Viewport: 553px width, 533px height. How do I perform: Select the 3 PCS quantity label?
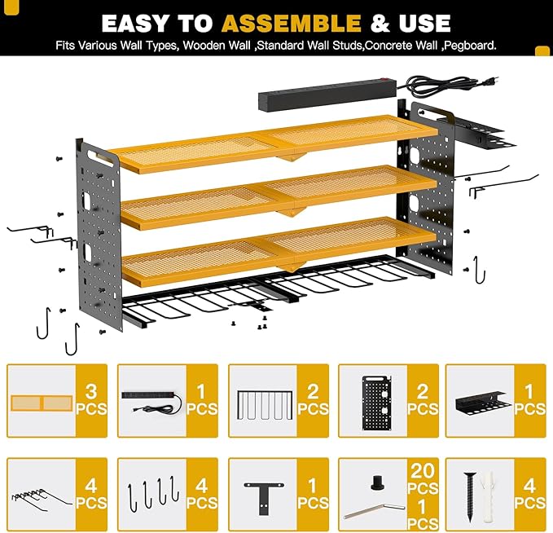[x=91, y=400]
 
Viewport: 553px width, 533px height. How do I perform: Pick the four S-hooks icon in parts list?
[x=151, y=495]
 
